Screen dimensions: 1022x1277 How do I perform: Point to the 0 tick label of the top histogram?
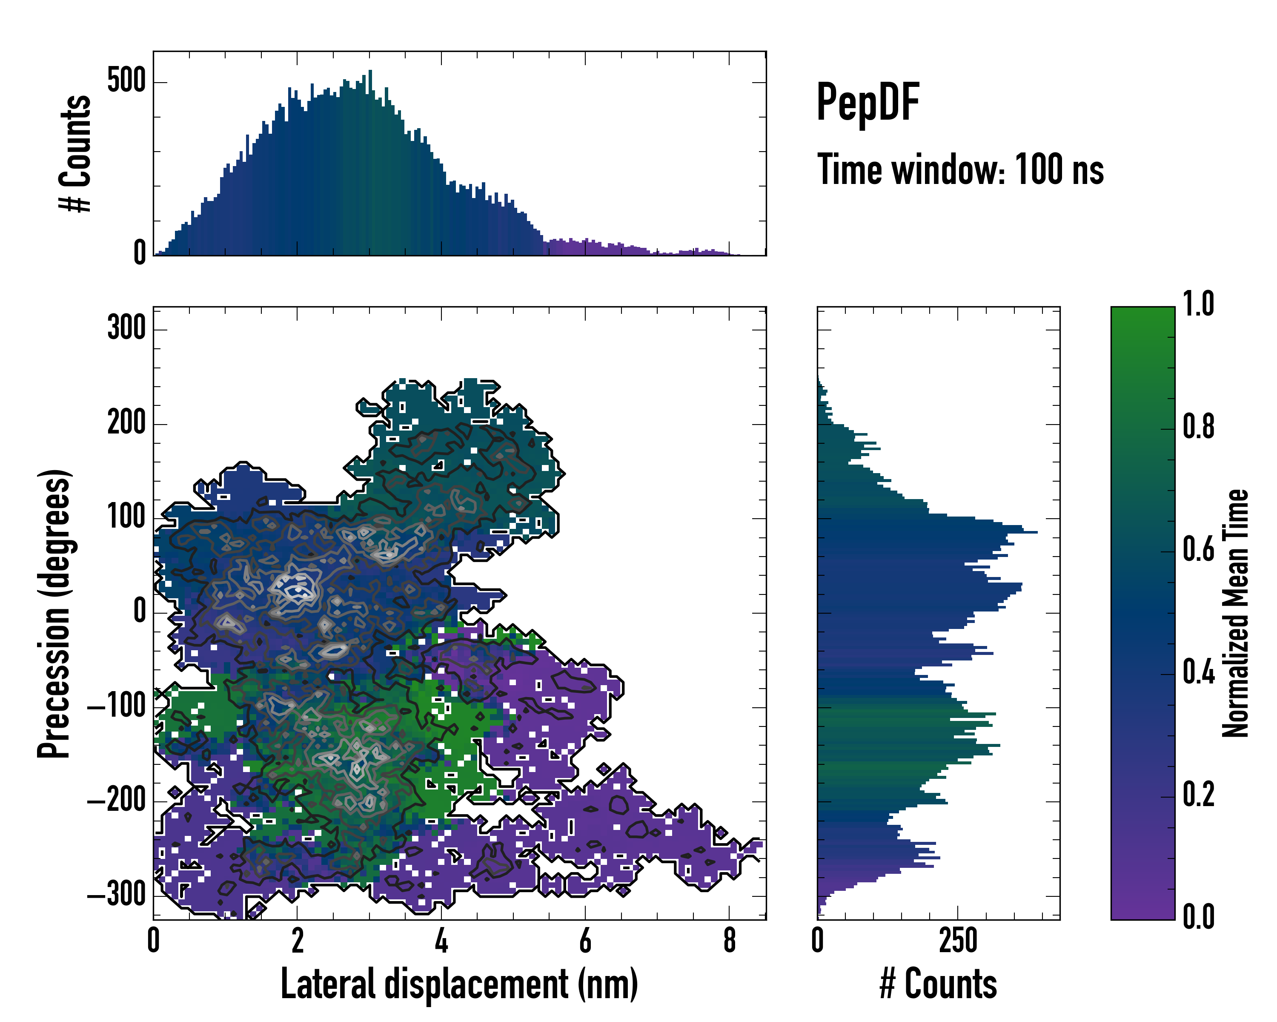[x=140, y=253]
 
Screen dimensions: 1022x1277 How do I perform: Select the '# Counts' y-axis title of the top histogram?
[x=76, y=153]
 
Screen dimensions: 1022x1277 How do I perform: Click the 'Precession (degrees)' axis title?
[x=54, y=613]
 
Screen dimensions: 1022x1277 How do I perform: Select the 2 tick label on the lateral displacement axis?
[x=298, y=941]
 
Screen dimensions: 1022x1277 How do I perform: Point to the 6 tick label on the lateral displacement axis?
[x=585, y=941]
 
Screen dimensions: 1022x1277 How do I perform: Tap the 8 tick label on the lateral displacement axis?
[x=729, y=941]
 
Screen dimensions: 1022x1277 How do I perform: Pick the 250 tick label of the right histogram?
[x=958, y=941]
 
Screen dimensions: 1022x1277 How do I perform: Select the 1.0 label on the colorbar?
[x=1199, y=304]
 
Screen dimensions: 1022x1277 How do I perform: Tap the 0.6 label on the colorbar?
[x=1199, y=549]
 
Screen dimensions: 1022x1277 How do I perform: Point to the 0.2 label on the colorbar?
[x=1199, y=795]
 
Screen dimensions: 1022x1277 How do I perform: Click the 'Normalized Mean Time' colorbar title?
[x=1236, y=613]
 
